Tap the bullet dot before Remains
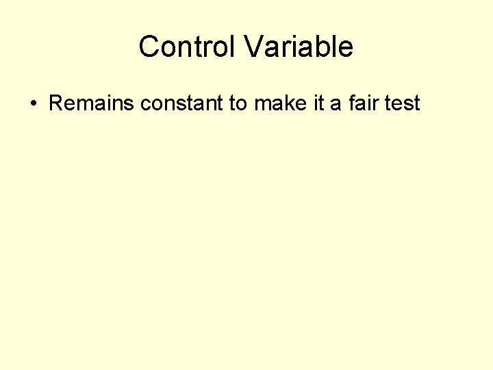[x=32, y=104]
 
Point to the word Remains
[x=92, y=103]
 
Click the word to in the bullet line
[x=238, y=103]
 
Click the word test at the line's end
[x=402, y=103]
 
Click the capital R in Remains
[x=55, y=103]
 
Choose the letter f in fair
[x=351, y=103]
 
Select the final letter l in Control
[x=236, y=47]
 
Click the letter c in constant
[x=144, y=104]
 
